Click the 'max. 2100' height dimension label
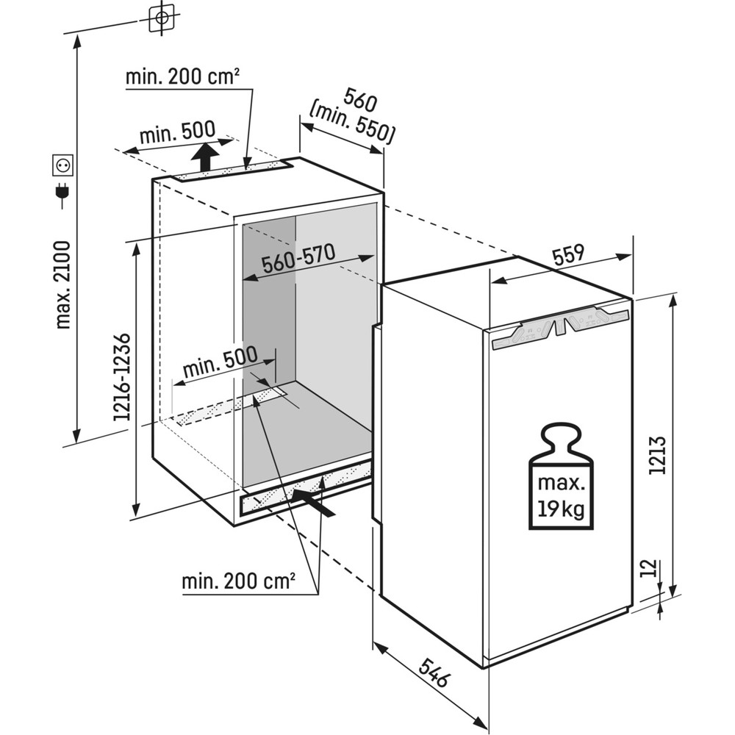coord(64,284)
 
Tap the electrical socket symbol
coord(63,165)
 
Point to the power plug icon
coord(62,193)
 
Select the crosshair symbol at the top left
coord(162,18)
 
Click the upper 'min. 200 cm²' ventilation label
coord(184,77)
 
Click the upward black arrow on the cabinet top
coord(206,157)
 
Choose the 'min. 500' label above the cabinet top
coord(178,134)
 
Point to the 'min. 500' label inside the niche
coord(220,360)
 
